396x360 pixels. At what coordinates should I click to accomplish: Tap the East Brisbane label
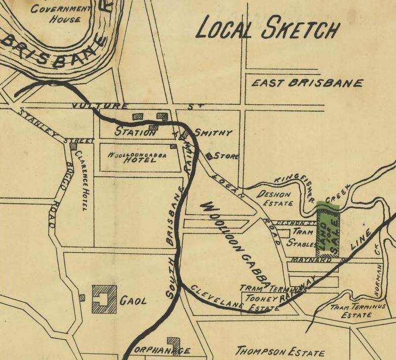click(307, 83)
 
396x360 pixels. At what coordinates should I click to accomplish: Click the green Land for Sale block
click(327, 230)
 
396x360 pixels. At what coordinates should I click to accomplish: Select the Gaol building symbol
click(104, 299)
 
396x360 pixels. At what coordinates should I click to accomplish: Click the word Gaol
click(133, 301)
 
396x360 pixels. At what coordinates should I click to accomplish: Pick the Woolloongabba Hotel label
click(137, 157)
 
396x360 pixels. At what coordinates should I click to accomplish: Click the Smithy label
click(213, 133)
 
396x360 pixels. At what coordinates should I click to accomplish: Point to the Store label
click(226, 156)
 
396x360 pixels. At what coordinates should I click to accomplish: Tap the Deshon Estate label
click(275, 198)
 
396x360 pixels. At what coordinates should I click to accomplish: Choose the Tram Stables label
click(302, 237)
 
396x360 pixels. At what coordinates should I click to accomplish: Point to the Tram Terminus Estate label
click(358, 310)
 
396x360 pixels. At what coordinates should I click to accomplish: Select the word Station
click(135, 132)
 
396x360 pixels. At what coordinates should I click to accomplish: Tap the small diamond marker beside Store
click(209, 156)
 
